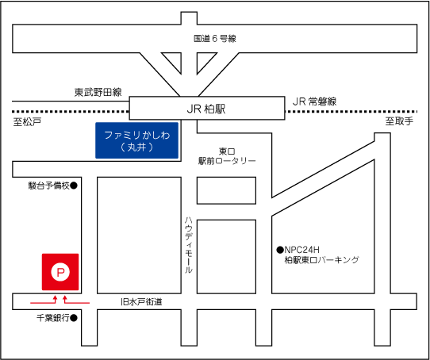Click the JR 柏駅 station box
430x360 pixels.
[x=207, y=108]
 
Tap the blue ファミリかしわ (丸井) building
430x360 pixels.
[x=136, y=140]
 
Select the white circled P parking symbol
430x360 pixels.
[x=60, y=272]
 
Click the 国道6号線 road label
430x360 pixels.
[x=215, y=39]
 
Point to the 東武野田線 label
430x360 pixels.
[x=98, y=92]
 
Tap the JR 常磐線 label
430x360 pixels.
[x=314, y=101]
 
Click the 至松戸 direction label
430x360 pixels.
[x=27, y=122]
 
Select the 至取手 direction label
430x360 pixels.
[x=399, y=121]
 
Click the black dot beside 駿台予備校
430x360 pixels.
[x=74, y=186]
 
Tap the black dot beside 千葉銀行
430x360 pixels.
[x=74, y=318]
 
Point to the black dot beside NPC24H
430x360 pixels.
[x=280, y=250]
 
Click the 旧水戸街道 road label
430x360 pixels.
[x=141, y=302]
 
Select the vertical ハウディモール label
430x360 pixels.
[x=188, y=244]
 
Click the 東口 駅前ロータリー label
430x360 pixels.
[x=227, y=156]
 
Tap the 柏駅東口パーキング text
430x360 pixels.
[x=321, y=259]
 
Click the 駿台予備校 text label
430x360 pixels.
[x=49, y=186]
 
